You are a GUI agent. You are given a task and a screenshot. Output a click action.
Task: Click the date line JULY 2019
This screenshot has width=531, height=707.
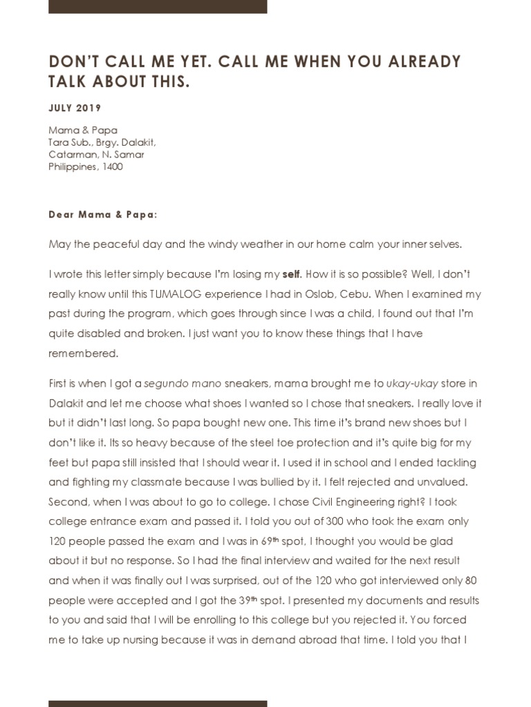pyautogui.click(x=75, y=108)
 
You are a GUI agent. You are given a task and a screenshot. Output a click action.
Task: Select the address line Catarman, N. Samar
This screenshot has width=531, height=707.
pyautogui.click(x=96, y=155)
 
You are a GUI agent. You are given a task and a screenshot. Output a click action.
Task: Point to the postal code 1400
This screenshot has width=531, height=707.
pyautogui.click(x=113, y=167)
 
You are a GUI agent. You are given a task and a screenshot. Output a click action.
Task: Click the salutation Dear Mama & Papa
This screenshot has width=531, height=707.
pyautogui.click(x=103, y=214)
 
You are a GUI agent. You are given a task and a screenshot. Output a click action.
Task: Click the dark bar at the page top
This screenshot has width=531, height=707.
pyautogui.click(x=158, y=6)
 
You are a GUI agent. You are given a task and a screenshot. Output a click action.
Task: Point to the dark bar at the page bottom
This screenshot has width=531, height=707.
pyautogui.click(x=158, y=703)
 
